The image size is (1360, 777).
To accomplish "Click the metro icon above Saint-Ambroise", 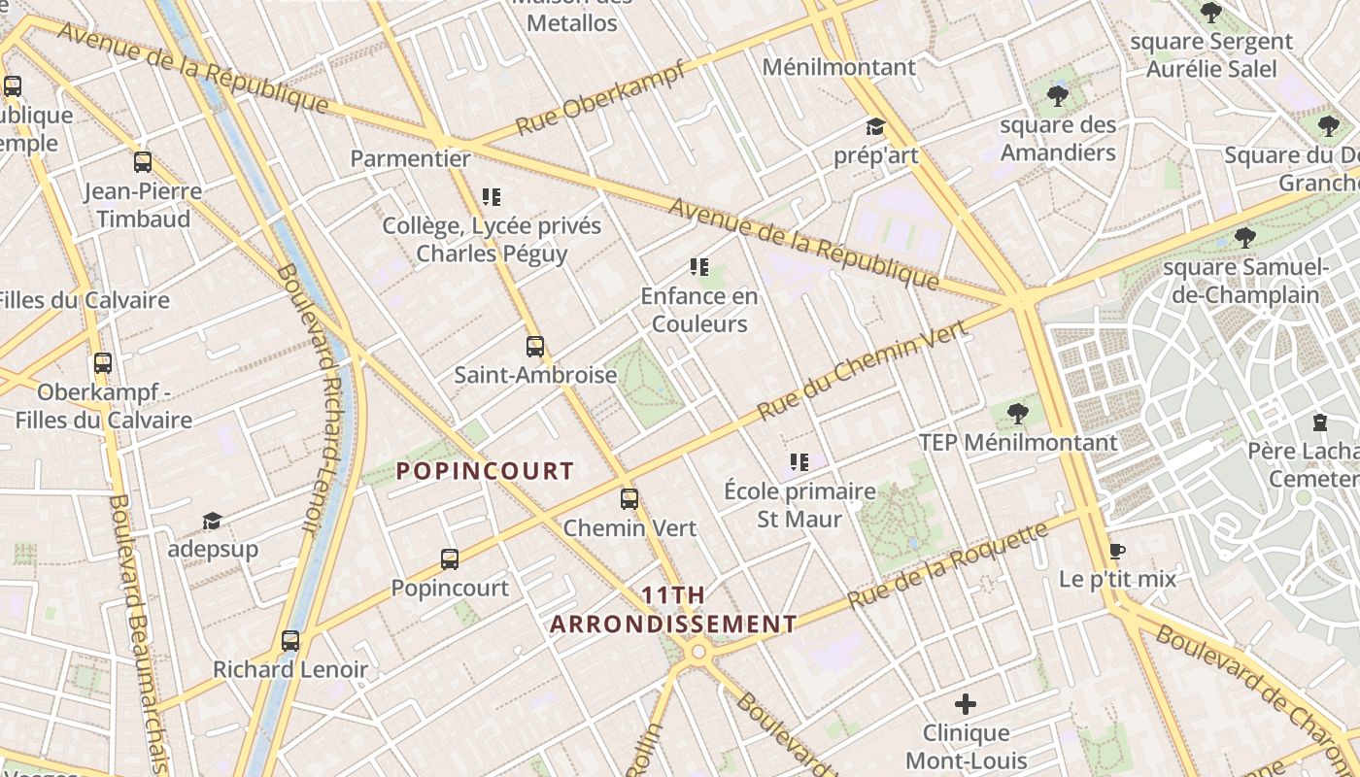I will click(x=534, y=346).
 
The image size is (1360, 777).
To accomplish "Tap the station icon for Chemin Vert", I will click(x=629, y=499).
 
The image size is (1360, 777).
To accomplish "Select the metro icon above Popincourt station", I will click(x=449, y=558).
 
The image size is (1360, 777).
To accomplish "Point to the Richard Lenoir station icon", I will click(x=290, y=641).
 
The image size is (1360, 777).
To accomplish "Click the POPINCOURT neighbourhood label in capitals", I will click(x=485, y=471).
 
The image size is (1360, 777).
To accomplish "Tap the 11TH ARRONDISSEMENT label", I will click(x=673, y=610).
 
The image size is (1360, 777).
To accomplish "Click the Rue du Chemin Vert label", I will click(x=862, y=370).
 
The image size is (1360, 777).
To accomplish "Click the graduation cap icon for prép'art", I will click(x=875, y=127).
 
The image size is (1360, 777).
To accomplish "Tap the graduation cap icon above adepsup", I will click(x=212, y=522).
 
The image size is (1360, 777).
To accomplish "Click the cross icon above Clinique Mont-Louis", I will click(x=966, y=704).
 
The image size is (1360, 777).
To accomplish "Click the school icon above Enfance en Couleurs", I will click(x=698, y=267).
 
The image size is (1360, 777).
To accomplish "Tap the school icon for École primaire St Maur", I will click(x=799, y=462).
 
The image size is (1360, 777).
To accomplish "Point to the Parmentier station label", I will click(x=410, y=158).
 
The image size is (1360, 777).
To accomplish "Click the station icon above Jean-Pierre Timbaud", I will click(x=143, y=162).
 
